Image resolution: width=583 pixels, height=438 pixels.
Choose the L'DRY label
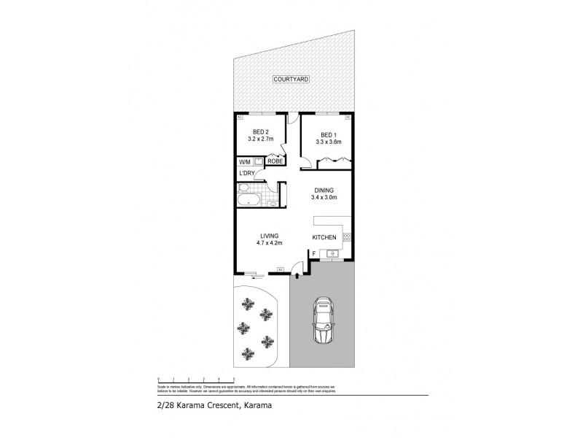point(246,174)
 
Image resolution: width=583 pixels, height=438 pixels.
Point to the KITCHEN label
point(324,238)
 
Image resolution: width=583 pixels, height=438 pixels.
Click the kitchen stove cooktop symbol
point(347,237)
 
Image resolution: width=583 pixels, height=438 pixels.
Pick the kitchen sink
point(332,253)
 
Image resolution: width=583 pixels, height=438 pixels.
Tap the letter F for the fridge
point(313,253)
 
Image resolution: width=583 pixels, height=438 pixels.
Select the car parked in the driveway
point(321,320)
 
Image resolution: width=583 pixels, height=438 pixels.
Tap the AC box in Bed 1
point(348,117)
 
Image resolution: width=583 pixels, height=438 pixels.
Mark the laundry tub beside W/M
point(258,161)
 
